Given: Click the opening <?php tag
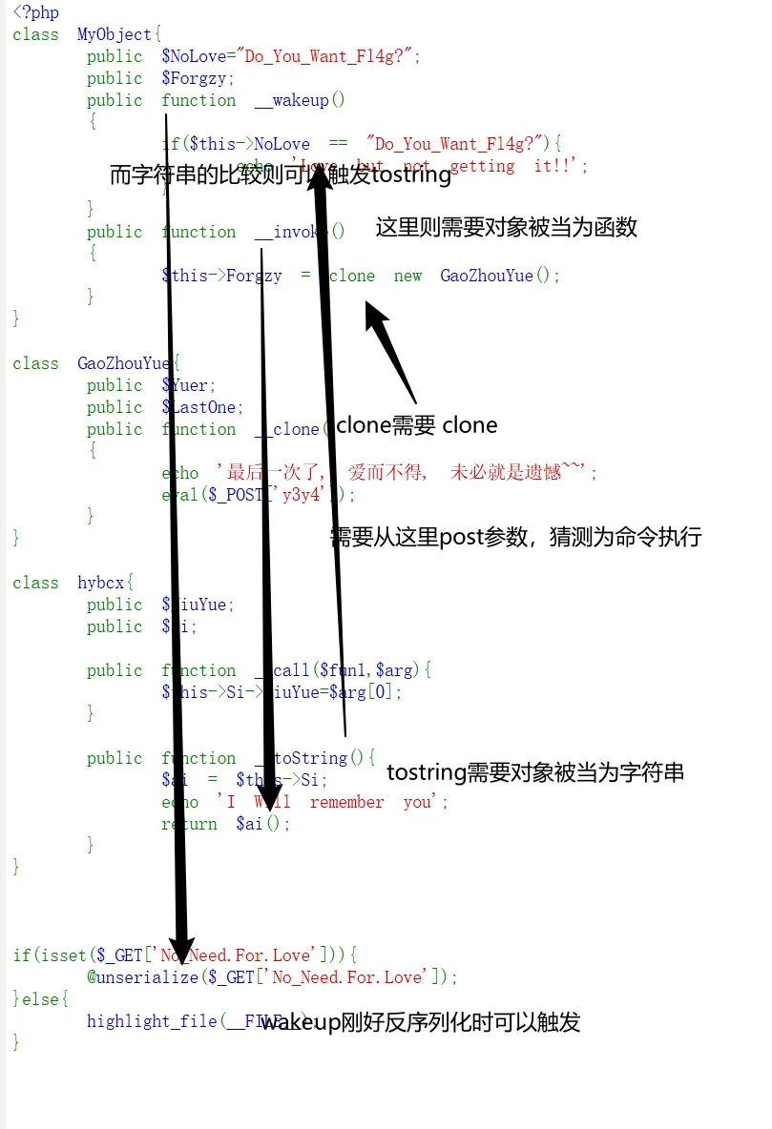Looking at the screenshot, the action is [x=35, y=13].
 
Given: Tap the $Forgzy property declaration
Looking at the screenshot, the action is [x=198, y=79].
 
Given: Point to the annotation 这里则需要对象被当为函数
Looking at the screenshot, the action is [x=506, y=228].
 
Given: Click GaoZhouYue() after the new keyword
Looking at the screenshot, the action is [x=495, y=277].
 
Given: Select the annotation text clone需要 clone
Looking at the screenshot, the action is [x=417, y=425].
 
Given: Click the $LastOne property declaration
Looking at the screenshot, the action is [x=202, y=408].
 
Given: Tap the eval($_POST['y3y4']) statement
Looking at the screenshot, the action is [x=258, y=495].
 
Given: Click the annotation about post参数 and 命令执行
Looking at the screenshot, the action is [x=515, y=538].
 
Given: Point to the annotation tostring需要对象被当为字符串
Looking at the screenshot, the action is [x=534, y=773].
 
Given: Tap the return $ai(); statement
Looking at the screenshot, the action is [x=225, y=825].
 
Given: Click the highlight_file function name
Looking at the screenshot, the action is [x=152, y=1022].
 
